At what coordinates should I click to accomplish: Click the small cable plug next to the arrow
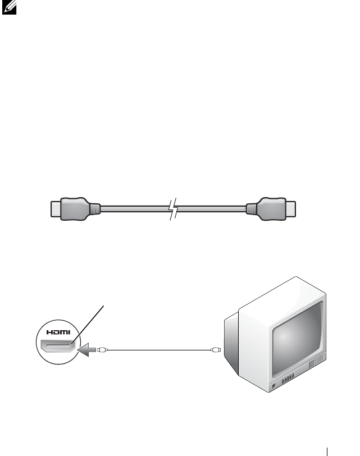pyautogui.click(x=102, y=350)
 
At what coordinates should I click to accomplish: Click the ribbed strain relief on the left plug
pyautogui.click(x=95, y=208)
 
